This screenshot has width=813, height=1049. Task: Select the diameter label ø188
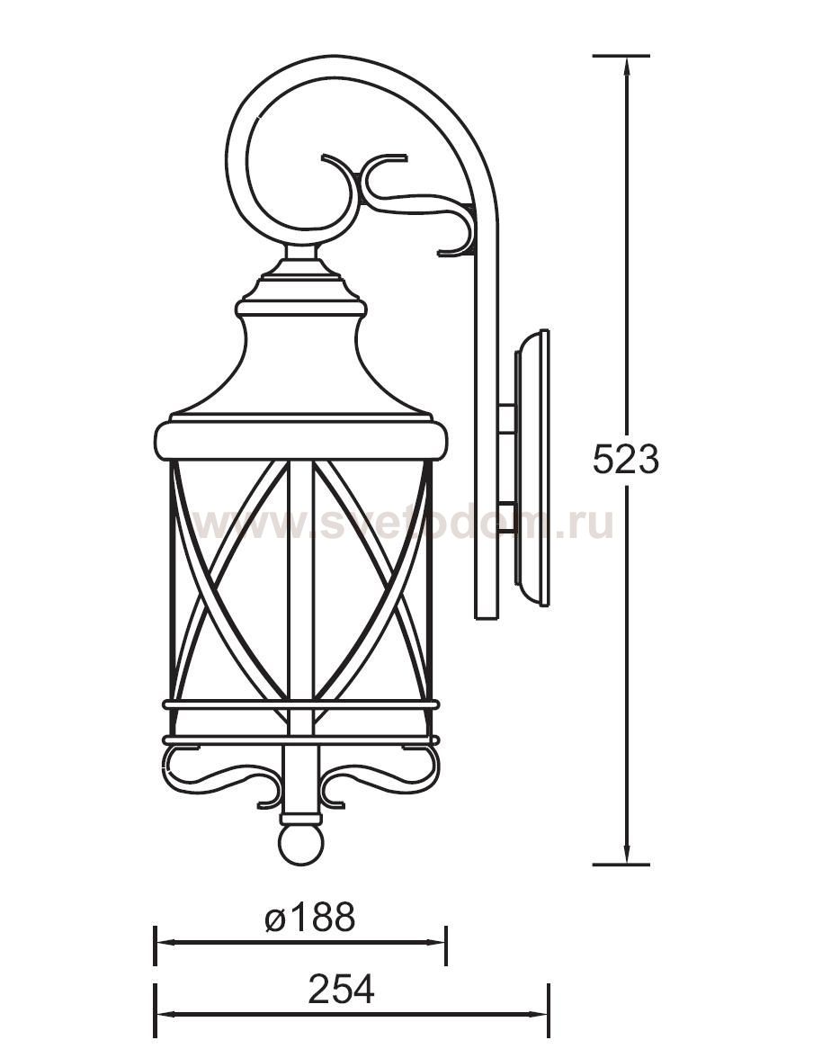(x=310, y=919)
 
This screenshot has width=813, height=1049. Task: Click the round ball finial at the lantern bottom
(x=300, y=845)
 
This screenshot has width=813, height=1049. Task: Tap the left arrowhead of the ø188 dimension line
(x=163, y=943)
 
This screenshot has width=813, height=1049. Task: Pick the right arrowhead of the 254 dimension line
(x=541, y=1014)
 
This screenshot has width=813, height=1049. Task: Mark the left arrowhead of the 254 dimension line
(x=163, y=1014)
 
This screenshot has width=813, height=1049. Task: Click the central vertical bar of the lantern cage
(x=300, y=585)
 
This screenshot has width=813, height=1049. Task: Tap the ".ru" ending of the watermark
(x=589, y=524)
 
